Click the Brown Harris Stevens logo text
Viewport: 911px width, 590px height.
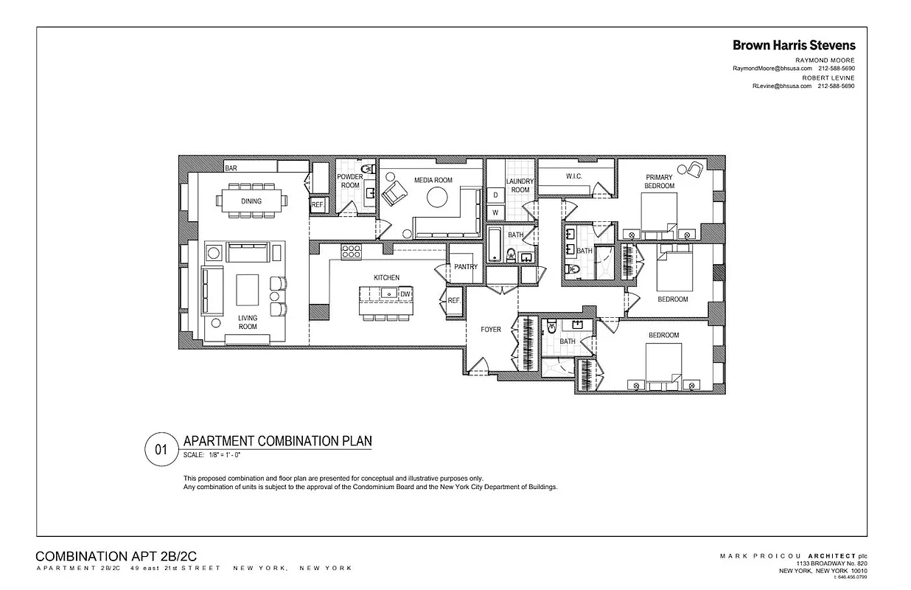click(x=794, y=45)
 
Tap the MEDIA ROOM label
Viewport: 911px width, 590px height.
click(x=433, y=180)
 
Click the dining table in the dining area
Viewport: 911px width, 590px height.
click(x=251, y=201)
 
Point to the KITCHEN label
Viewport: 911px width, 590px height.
click(x=386, y=277)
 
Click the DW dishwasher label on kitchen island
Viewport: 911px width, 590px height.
click(x=405, y=294)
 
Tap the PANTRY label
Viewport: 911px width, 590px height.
click(x=466, y=267)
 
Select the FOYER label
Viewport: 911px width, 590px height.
click(x=491, y=330)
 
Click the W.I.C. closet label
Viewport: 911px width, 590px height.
click(x=575, y=176)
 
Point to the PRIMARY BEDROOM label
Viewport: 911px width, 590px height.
click(x=659, y=181)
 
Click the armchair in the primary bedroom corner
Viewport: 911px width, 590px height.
click(x=692, y=170)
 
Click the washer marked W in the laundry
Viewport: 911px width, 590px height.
click(x=495, y=212)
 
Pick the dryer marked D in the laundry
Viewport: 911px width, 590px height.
click(x=495, y=195)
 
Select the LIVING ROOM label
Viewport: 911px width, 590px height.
click(x=248, y=322)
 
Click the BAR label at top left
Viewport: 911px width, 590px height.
click(x=231, y=168)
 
